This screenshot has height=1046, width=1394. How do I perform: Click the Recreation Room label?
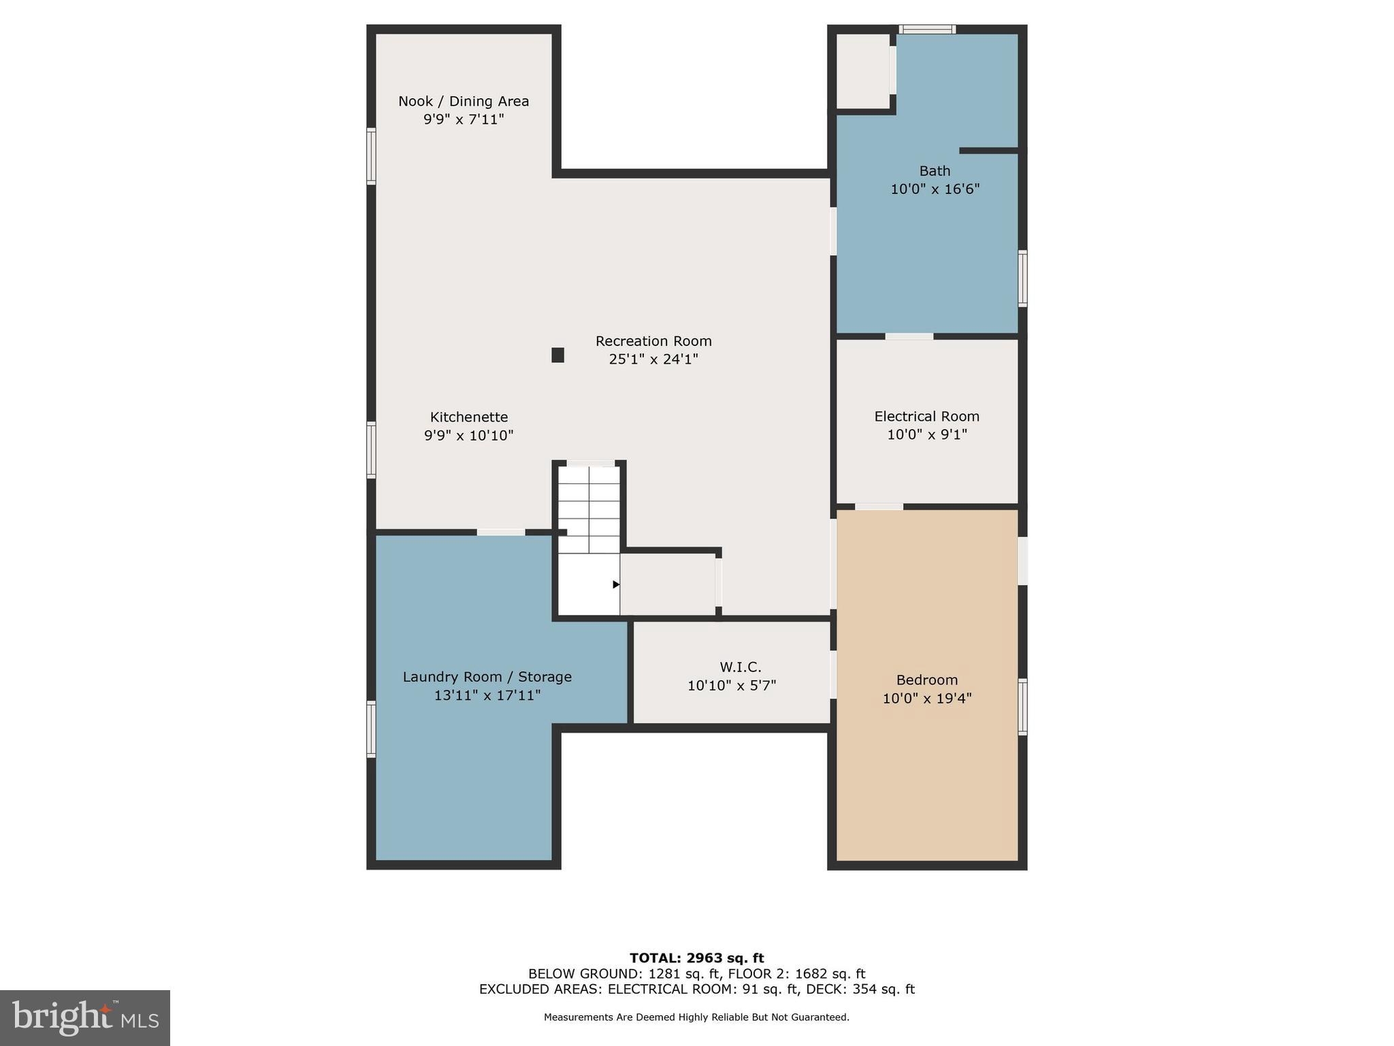coord(653,340)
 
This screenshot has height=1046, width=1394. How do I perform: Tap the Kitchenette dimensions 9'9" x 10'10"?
coord(468,435)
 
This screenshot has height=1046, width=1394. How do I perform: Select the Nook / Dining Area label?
coord(464,101)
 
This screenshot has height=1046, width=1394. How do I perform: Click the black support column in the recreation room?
coord(557,355)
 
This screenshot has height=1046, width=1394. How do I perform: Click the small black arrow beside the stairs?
coord(615,584)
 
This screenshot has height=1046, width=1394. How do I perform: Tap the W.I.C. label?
coord(740,667)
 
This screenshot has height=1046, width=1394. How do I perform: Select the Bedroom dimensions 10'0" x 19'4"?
coord(926,698)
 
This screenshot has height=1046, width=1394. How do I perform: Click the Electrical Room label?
coord(926,416)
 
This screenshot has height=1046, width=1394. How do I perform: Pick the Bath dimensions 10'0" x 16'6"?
coord(935,189)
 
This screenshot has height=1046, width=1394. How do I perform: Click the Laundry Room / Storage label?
coord(487,676)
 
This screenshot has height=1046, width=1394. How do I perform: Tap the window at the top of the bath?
coord(926,29)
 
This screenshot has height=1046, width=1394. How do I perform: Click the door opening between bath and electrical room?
coord(909,336)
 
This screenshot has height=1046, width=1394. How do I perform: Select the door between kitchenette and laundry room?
coord(500,532)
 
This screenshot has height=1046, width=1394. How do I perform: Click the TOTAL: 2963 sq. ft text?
coord(696,958)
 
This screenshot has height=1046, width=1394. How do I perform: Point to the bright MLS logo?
coord(85,1017)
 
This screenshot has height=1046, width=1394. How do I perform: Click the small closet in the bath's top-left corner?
coord(862,71)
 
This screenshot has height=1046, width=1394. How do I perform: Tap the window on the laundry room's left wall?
coord(371,729)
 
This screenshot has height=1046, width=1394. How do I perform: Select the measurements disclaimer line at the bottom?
coord(696,1017)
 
